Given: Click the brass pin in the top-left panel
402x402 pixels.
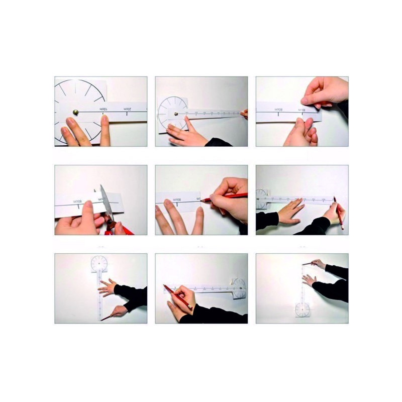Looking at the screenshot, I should pos(75,112).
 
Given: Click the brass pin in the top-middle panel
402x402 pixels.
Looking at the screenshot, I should pos(176,114).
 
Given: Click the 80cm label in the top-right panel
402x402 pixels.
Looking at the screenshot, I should pos(277,109).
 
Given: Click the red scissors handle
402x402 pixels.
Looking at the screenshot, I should pos(119,231).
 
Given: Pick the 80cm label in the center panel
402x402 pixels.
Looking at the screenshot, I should pos(177,199).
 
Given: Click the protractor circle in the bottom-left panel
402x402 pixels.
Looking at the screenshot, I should pos(99,263).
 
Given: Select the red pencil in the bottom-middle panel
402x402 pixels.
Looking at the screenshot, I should pos(176,296).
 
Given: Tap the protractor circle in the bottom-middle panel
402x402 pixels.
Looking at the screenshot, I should pos(239,287).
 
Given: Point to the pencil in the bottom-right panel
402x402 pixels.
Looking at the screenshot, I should pos(307,263).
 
